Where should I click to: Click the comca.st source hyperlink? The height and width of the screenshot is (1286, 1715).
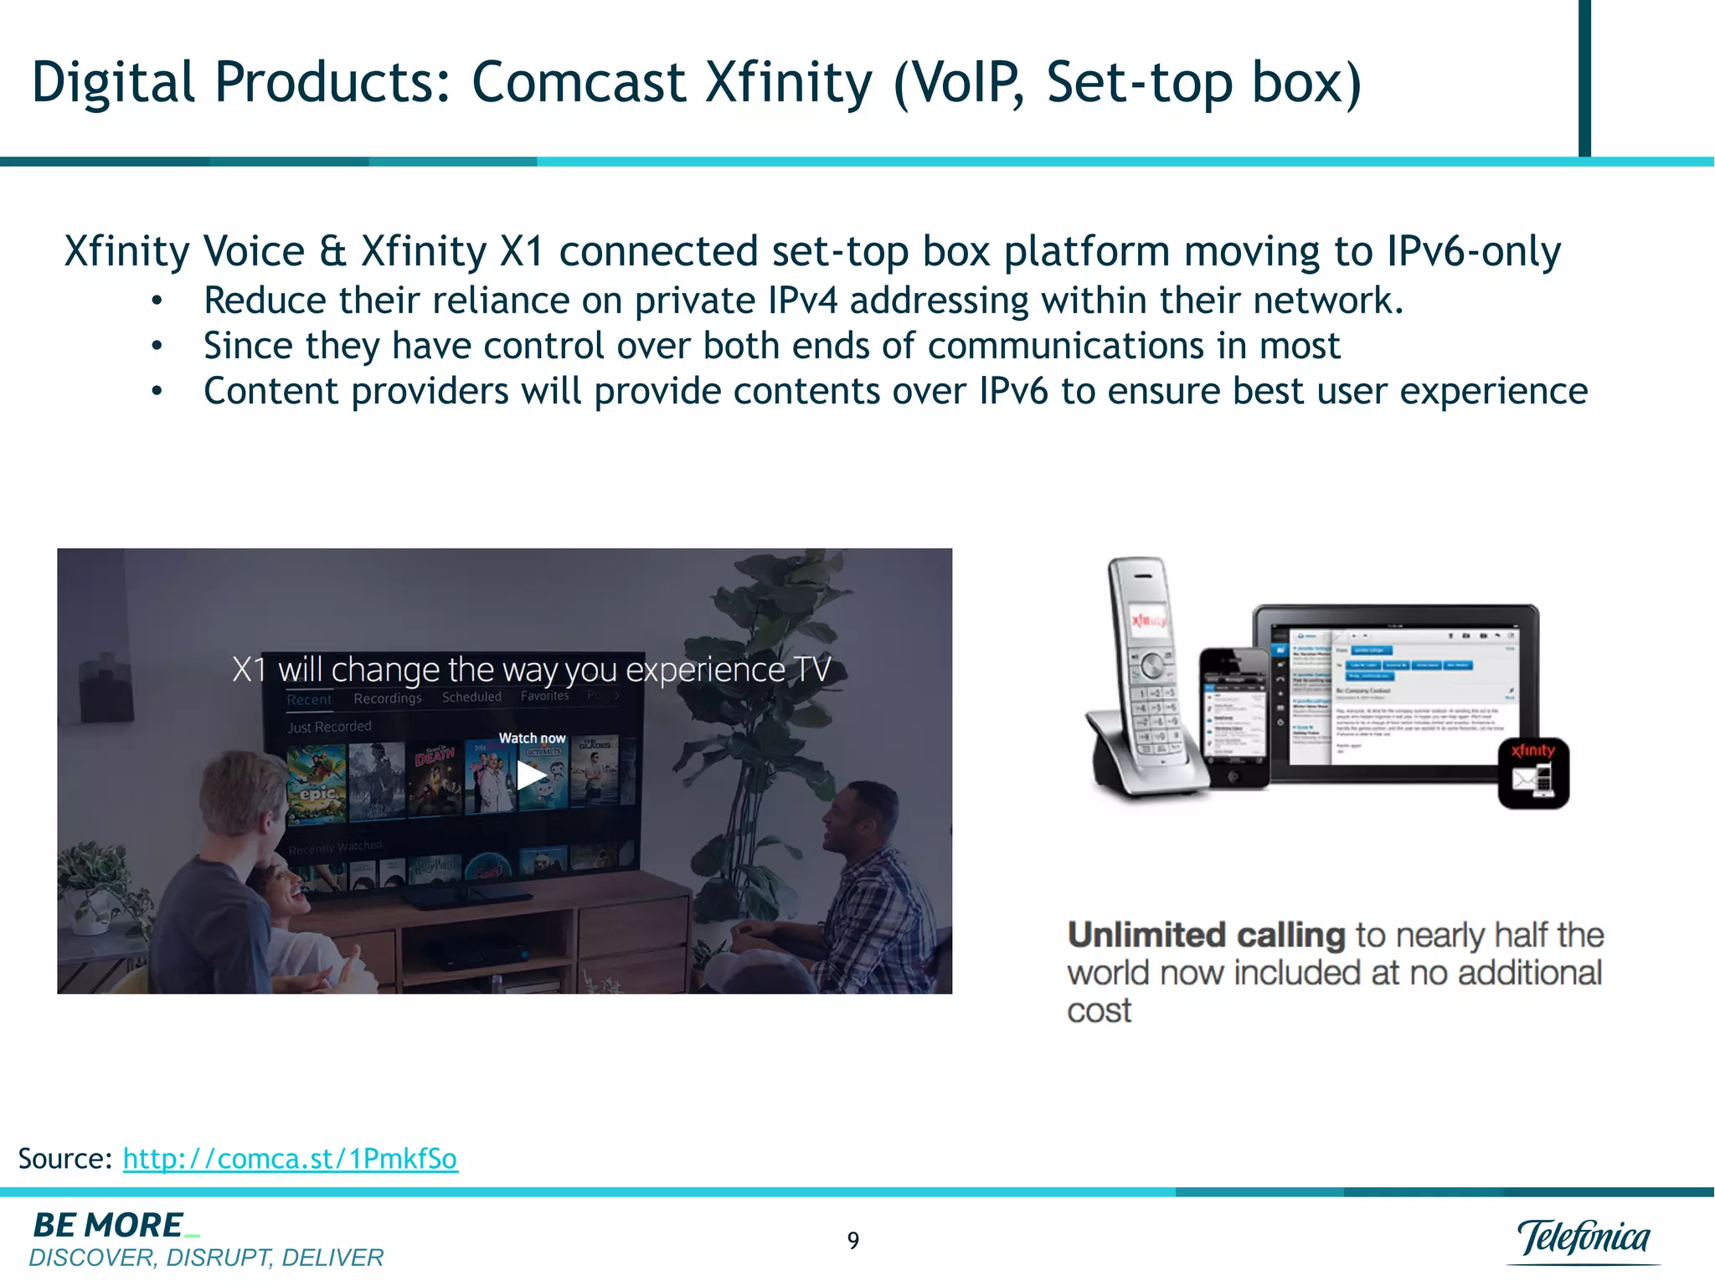290,1159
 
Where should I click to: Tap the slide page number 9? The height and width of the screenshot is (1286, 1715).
852,1240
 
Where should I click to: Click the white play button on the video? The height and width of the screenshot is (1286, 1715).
530,775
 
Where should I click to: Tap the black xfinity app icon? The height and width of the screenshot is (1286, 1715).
1533,773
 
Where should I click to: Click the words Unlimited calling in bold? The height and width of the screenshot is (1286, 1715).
1206,934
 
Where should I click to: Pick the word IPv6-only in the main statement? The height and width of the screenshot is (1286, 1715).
1473,251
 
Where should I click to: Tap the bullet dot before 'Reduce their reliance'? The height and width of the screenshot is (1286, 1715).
157,301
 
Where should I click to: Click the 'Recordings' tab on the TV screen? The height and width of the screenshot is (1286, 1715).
387,698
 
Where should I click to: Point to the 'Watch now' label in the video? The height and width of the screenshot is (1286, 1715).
532,738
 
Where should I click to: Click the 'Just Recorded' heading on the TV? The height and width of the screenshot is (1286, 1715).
329,727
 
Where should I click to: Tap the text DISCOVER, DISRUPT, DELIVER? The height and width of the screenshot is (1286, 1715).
206,1258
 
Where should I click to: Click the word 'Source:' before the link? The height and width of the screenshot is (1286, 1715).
64,1159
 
